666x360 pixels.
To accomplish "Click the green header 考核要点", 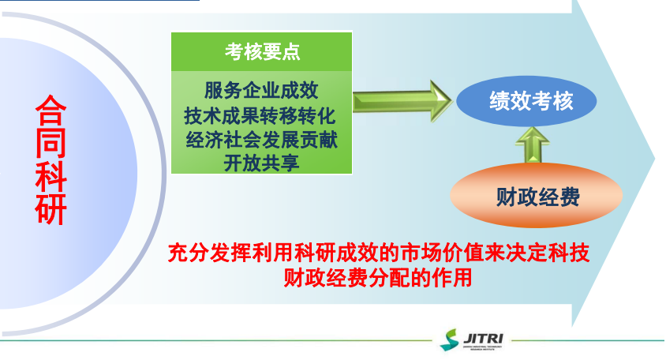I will (262, 52).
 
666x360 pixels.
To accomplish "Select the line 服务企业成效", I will (261, 88).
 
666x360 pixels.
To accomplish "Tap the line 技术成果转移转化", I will (261, 114).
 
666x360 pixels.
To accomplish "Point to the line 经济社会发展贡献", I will (261, 140).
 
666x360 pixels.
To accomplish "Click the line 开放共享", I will (261, 163).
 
